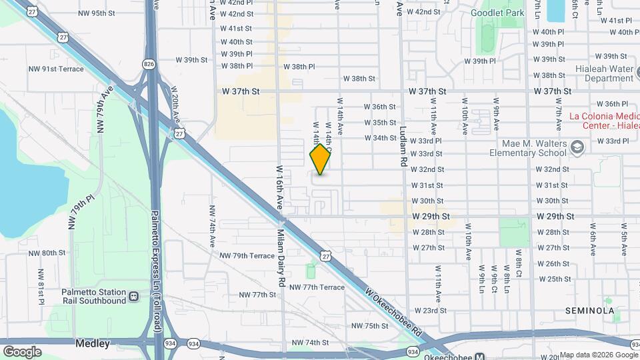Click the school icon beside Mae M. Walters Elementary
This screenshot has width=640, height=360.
click(577, 147)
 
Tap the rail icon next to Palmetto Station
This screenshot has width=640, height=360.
click(134, 296)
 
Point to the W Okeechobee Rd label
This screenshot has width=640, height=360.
click(395, 311)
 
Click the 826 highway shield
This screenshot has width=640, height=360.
click(148, 64)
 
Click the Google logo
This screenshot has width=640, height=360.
click(22, 351)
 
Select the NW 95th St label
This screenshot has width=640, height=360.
click(97, 13)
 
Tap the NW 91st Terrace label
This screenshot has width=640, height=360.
click(55, 69)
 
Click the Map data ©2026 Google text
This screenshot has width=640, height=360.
click(598, 355)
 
